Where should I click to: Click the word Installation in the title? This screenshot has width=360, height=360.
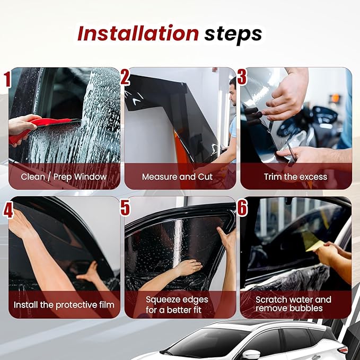[138, 33]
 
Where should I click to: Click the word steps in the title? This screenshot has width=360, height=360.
[233, 35]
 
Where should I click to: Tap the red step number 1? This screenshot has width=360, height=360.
[7, 79]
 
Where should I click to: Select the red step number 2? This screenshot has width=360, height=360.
[125, 77]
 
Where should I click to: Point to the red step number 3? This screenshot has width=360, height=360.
[242, 77]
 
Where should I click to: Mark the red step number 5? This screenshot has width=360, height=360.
[125, 207]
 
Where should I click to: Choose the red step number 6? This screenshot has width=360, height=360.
[242, 207]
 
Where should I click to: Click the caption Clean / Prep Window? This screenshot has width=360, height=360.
[64, 177]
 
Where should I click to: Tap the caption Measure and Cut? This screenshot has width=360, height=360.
[177, 177]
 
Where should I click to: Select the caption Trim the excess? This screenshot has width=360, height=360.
[295, 177]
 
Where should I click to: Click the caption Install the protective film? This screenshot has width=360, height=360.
[64, 305]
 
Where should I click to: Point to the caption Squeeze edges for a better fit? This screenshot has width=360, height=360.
[177, 305]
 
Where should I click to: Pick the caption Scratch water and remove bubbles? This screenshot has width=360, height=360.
[293, 304]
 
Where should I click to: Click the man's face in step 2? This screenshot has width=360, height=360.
[233, 94]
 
